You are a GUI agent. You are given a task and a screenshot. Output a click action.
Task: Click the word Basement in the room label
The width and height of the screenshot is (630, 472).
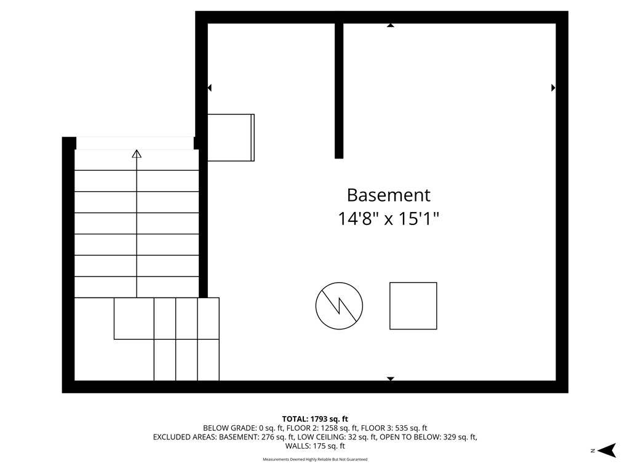[x=388, y=195]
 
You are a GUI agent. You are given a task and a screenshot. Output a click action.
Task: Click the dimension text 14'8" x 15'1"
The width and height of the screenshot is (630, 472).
[x=388, y=218]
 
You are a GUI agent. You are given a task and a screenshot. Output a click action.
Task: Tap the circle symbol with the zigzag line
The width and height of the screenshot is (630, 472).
[x=339, y=305]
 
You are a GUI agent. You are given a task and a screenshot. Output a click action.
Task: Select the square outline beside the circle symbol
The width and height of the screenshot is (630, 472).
[x=413, y=305]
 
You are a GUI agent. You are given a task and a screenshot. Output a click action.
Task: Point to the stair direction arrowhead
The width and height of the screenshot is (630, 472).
[x=137, y=154]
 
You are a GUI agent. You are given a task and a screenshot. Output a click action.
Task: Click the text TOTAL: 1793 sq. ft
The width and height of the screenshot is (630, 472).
[x=315, y=419]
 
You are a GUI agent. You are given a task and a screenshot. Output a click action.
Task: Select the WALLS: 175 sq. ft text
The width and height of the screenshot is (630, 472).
[x=315, y=446]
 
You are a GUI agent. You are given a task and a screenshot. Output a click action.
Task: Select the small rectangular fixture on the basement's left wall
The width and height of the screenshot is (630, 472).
[x=231, y=137]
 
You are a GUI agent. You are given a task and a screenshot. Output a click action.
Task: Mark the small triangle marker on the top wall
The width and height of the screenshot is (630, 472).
[x=390, y=26]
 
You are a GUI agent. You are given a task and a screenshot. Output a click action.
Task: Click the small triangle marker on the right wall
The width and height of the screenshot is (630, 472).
[x=553, y=88]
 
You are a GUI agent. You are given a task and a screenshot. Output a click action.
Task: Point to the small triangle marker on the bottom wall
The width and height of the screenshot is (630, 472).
[x=390, y=379]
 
